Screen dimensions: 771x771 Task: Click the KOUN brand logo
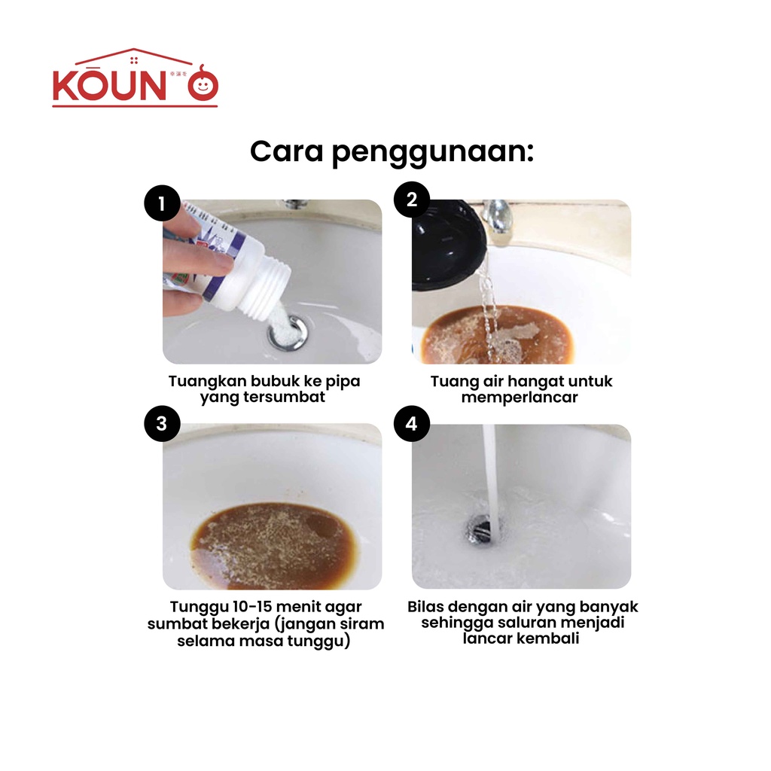click(x=136, y=78)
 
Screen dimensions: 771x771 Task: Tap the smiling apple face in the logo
click(x=203, y=84)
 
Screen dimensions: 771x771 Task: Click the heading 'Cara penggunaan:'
click(x=392, y=152)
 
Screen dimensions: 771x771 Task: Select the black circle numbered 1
click(x=162, y=203)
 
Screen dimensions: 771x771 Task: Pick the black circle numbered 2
click(x=412, y=199)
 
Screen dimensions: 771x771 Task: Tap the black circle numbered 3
click(x=162, y=423)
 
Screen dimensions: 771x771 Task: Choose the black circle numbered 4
click(x=412, y=423)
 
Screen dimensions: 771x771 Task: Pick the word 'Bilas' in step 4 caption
click(x=426, y=607)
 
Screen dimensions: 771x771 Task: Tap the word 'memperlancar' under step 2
click(x=520, y=398)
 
